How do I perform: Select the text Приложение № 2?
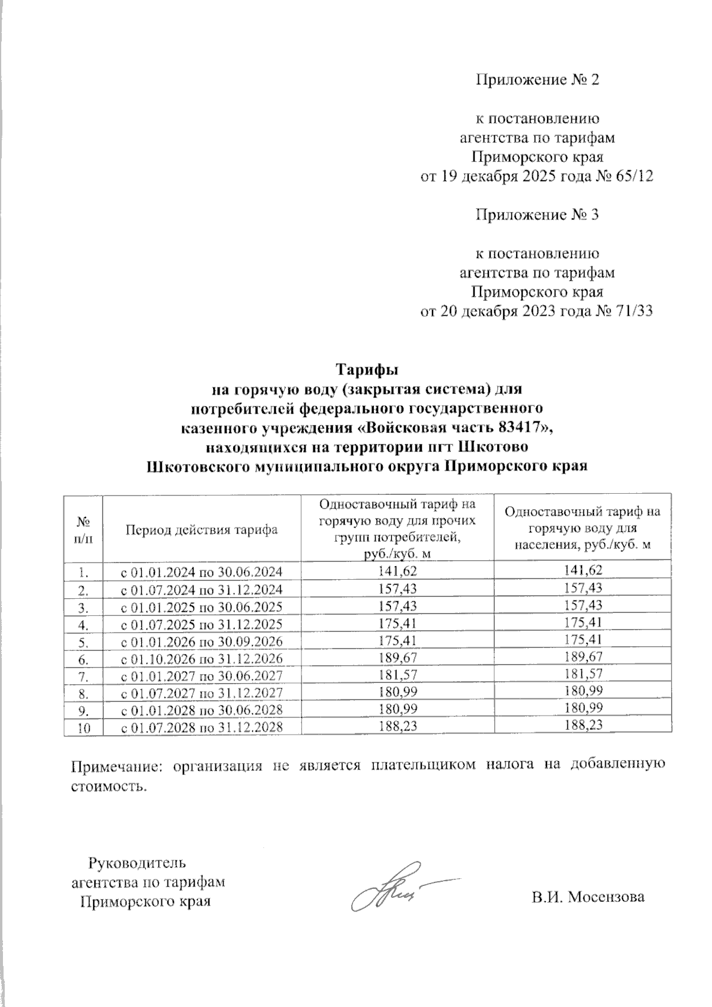click(x=538, y=80)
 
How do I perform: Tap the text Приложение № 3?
click(x=538, y=215)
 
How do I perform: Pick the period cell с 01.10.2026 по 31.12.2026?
click(x=202, y=659)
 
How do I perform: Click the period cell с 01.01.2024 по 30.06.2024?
click(x=202, y=572)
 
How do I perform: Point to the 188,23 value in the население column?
click(x=583, y=726)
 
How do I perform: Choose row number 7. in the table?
click(x=83, y=676)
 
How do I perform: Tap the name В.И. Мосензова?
click(x=587, y=897)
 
